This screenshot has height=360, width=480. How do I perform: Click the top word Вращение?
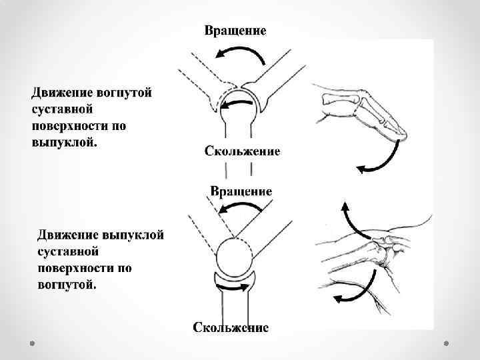pos(235,31)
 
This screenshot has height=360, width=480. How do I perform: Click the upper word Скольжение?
pos(242,151)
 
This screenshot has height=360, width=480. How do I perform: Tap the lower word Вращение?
pos(241,191)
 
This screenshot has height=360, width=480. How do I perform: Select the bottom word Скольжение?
pos(231,327)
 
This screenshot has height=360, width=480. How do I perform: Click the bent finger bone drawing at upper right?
pos(363,113)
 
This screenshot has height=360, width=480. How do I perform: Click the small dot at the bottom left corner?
pos(33,344)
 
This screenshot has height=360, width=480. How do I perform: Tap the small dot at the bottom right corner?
pos(446,344)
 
